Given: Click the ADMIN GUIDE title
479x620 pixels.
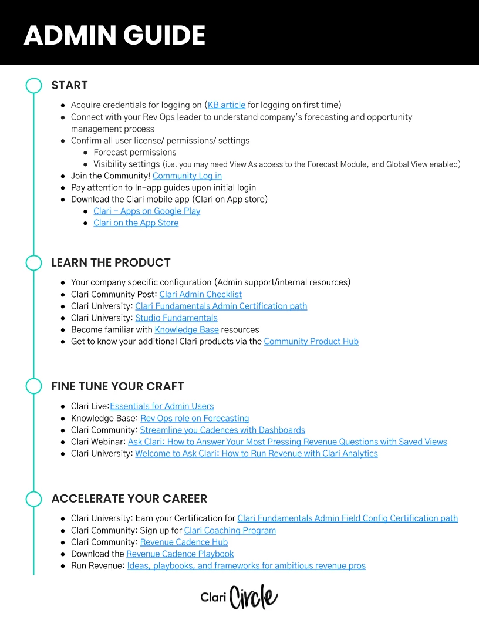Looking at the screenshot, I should point(114,36).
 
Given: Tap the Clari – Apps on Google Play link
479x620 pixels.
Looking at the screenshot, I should point(147,211).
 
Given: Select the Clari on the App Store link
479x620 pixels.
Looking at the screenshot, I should point(136,223).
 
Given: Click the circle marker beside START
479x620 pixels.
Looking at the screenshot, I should point(33,86).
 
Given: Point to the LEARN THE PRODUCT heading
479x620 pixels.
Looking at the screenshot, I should point(111,262).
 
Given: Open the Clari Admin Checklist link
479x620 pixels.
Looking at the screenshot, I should point(200,295).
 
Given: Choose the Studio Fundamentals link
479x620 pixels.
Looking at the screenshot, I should point(176,318).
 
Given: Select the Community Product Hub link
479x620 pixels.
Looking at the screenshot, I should point(311,342).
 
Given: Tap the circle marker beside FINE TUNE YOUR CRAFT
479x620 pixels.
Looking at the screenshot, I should point(33,386).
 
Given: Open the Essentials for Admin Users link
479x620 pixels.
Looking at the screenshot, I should point(161,406).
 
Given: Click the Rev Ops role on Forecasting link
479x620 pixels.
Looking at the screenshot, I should point(194,419).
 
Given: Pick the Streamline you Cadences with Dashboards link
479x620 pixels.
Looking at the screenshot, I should point(222,430).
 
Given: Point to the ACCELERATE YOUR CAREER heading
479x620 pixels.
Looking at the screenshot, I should point(129,499).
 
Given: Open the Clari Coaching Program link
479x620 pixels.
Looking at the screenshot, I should point(230,531).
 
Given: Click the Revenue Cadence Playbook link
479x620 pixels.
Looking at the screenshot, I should point(180,554).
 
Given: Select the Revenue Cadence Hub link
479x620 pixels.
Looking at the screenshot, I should point(184,542).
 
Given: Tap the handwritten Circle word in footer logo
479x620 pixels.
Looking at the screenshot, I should point(254,598).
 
